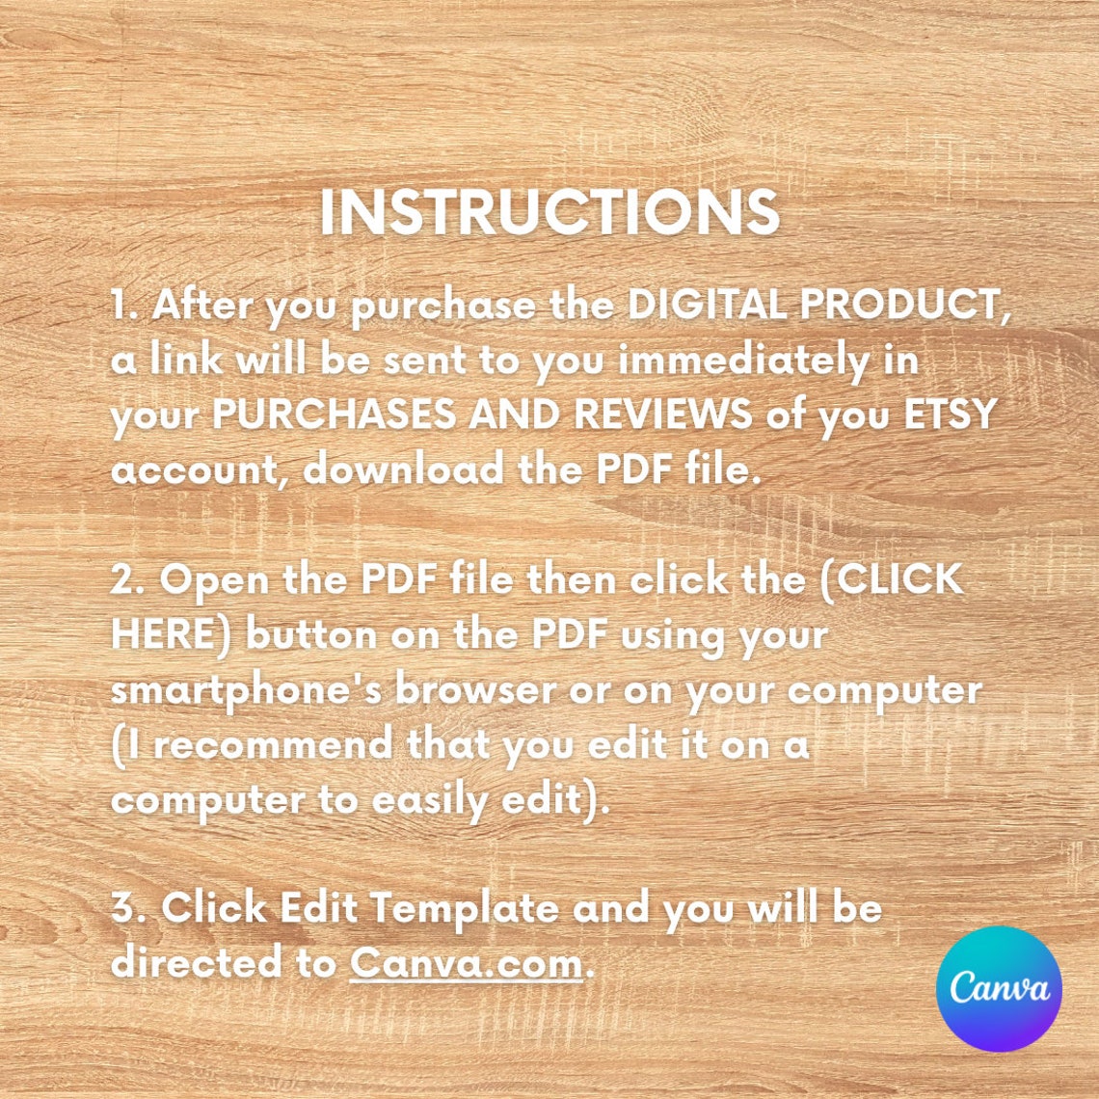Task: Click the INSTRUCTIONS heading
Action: click(549, 212)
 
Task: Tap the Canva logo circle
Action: click(999, 988)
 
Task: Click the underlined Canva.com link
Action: click(466, 963)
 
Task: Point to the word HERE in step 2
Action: click(166, 635)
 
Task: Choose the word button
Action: click(311, 635)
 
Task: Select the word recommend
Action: click(274, 744)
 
